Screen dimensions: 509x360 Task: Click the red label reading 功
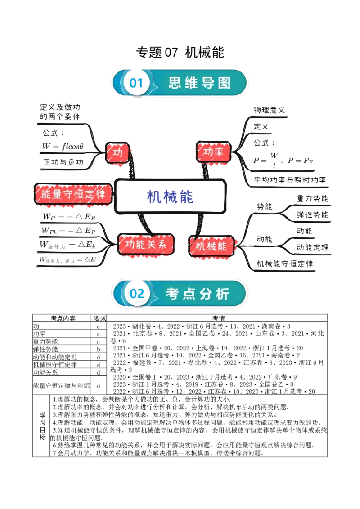(x=117, y=153)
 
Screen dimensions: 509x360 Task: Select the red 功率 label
(x=213, y=152)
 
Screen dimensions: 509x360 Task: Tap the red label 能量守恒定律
(x=73, y=194)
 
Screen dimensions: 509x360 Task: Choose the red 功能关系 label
(x=145, y=245)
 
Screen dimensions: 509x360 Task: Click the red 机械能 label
(x=211, y=246)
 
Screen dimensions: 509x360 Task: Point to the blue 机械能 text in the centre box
(x=171, y=197)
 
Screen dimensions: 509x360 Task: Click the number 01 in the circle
(x=136, y=83)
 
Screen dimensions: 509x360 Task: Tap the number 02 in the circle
(x=136, y=294)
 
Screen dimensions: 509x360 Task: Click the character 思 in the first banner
(x=175, y=83)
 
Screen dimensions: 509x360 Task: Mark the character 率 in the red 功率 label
(x=219, y=152)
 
